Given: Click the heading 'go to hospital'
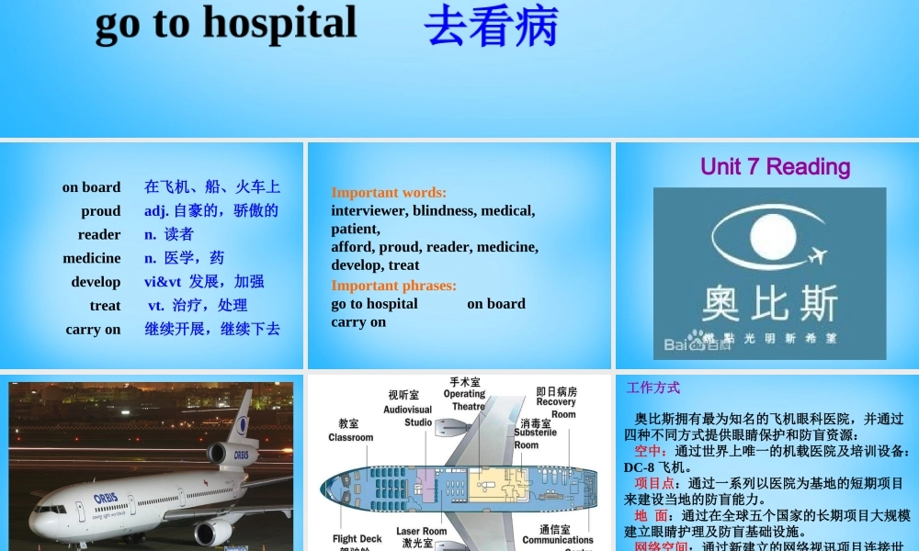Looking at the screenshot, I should tap(226, 24).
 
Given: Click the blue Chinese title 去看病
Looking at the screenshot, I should tap(491, 26).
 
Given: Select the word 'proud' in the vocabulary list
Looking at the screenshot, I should tap(100, 210).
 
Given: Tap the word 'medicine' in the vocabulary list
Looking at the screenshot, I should tap(92, 258).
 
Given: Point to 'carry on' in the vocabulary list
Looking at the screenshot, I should tap(93, 329).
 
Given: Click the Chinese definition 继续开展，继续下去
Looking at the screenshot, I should tap(212, 329).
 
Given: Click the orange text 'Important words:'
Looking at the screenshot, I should tap(389, 193).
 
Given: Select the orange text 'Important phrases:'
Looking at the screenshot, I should tap(393, 286).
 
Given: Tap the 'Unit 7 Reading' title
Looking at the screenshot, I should tap(775, 166).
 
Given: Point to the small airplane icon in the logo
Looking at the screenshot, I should tap(814, 254).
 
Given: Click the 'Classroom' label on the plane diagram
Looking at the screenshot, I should tap(350, 431).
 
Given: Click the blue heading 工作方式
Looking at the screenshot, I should tap(652, 388).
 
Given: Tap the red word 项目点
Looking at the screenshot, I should tap(654, 483).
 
